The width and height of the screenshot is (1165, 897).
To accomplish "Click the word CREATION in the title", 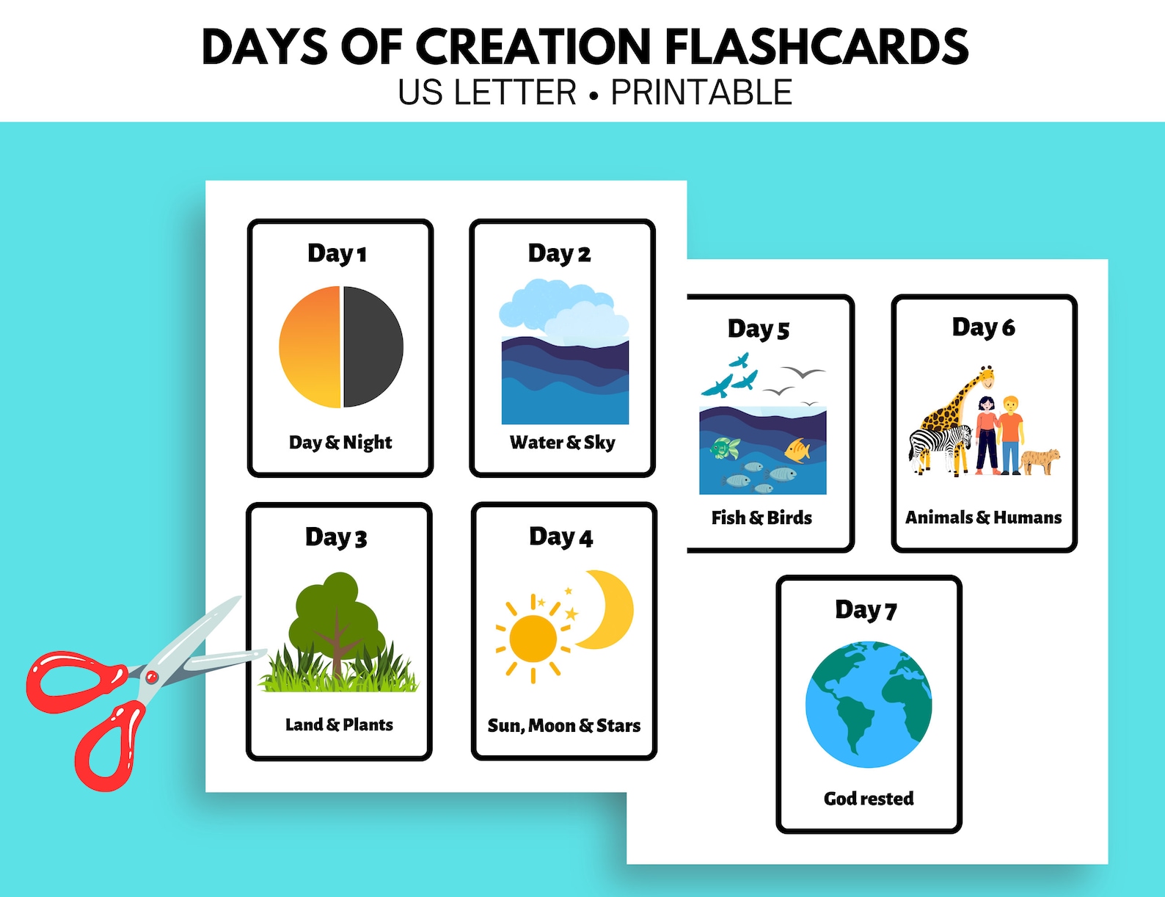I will [x=533, y=46].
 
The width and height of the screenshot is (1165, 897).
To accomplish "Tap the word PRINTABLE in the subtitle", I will [x=701, y=93].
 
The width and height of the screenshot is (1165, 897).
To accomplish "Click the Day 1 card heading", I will [x=337, y=253].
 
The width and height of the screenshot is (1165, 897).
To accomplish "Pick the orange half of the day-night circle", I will [x=310, y=346].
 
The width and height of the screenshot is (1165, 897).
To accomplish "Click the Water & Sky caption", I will [x=563, y=442].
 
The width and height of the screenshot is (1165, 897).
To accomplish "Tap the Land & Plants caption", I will [x=339, y=724].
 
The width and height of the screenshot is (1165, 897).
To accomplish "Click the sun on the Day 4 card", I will [x=533, y=636].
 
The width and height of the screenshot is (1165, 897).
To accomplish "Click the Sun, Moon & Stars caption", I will [x=563, y=725].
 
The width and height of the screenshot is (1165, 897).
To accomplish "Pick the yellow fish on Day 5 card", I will [x=797, y=449].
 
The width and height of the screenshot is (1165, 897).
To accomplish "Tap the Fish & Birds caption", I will [x=762, y=517].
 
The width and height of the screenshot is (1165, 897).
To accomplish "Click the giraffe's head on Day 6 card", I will [x=987, y=377].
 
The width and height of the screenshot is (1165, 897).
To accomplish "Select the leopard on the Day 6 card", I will [x=1040, y=460].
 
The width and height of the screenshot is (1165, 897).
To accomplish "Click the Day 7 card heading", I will [x=866, y=610].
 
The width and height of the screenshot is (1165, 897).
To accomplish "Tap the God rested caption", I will [x=869, y=798].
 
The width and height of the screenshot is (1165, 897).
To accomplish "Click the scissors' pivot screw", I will [x=151, y=676].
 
